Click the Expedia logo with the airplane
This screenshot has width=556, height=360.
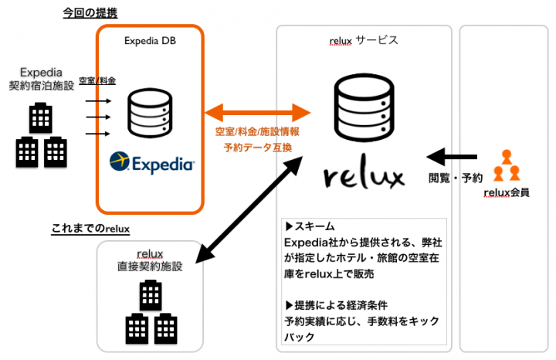(151, 162)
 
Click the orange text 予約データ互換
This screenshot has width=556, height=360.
(258, 147)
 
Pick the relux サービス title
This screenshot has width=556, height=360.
(364, 40)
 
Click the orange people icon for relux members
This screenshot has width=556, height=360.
(507, 165)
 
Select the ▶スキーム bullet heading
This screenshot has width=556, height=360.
(311, 227)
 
